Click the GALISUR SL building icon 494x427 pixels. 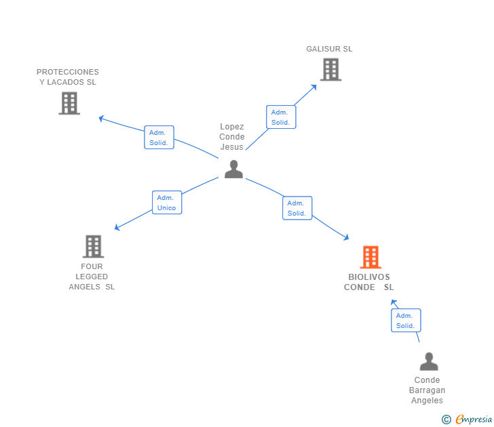[x=330, y=69]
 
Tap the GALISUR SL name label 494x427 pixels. [x=329, y=49]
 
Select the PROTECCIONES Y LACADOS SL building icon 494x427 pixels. [x=69, y=103]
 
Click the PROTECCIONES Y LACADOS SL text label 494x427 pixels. [x=68, y=77]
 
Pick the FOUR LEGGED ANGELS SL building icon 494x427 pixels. [x=93, y=247]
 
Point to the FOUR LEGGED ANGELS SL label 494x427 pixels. [x=92, y=277]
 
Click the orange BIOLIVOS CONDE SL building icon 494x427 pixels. [x=370, y=258]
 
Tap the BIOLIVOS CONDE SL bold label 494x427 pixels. [x=369, y=282]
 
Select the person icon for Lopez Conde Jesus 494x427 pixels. [x=233, y=169]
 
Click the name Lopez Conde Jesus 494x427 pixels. [x=232, y=137]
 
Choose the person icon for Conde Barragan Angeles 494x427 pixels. [x=429, y=362]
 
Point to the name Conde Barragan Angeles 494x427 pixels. [x=427, y=390]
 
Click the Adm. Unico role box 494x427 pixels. [x=166, y=203]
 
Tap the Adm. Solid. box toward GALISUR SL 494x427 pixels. [x=280, y=117]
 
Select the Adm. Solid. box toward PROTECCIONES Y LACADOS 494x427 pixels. [x=159, y=138]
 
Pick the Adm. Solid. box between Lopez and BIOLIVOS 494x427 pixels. [x=297, y=208]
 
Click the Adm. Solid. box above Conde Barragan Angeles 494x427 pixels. [x=405, y=321]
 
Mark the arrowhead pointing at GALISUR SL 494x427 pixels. [x=314, y=86]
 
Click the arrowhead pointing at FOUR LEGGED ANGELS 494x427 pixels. [x=117, y=228]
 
